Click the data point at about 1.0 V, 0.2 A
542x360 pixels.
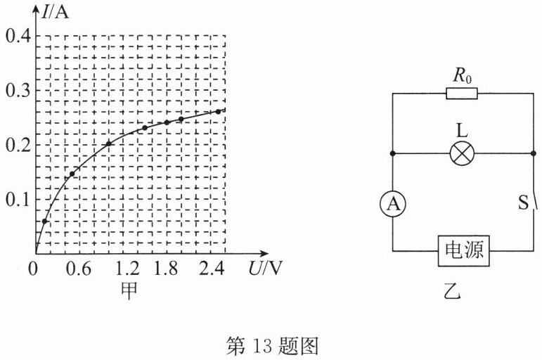109,144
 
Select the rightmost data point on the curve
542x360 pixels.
218,111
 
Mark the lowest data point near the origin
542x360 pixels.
46,221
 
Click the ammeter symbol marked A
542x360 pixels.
392,204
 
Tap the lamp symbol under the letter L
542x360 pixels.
461,153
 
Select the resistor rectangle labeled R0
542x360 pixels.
462,93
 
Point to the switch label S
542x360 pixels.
522,204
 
